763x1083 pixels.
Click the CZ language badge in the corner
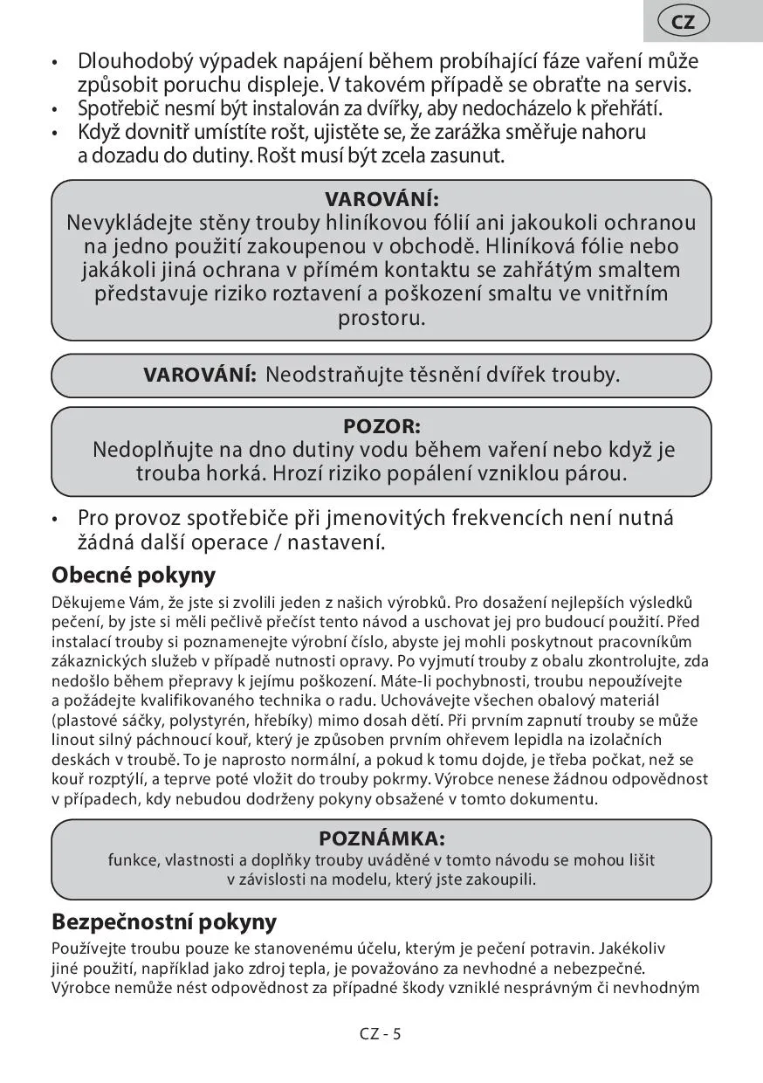[684, 22]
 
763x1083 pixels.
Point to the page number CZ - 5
[381, 1034]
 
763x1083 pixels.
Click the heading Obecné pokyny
[134, 576]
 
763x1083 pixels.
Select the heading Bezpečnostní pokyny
[164, 921]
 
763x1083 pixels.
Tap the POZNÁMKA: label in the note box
[381, 838]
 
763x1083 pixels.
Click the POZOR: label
[381, 427]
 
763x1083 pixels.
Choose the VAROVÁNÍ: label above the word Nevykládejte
[381, 199]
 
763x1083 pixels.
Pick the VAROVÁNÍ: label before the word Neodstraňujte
[200, 376]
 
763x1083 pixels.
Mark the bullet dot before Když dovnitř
[55, 134]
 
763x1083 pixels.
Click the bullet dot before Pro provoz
[55, 518]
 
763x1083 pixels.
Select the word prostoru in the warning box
[381, 317]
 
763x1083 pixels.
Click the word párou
[597, 474]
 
